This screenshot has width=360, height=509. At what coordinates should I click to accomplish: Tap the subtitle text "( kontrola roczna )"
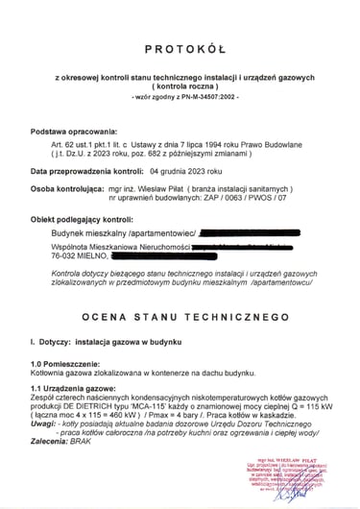pyautogui.click(x=180, y=85)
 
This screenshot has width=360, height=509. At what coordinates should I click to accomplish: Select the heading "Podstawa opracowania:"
pyautogui.click(x=73, y=130)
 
